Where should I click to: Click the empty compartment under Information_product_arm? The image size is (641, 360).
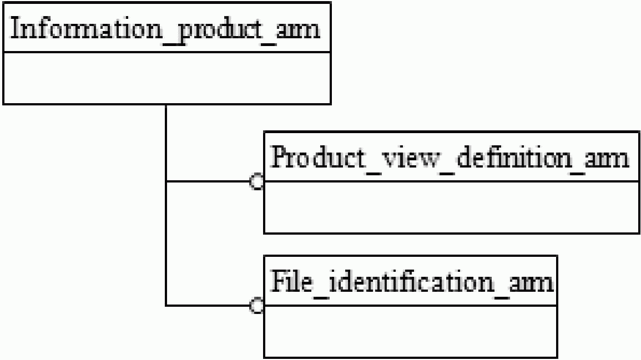click(x=167, y=78)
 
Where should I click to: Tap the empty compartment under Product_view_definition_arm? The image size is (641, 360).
click(x=452, y=207)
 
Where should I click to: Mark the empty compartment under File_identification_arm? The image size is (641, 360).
click(x=411, y=331)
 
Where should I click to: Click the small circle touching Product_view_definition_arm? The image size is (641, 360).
click(x=257, y=181)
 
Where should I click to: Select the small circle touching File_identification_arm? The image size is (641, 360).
click(x=257, y=305)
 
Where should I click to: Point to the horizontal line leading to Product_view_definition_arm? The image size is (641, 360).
click(x=208, y=181)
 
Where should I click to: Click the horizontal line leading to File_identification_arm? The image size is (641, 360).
click(x=208, y=305)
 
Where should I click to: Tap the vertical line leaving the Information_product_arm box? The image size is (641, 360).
click(x=166, y=205)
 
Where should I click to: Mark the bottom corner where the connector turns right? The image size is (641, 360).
click(x=166, y=305)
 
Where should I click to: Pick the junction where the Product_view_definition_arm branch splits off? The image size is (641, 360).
click(x=166, y=181)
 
